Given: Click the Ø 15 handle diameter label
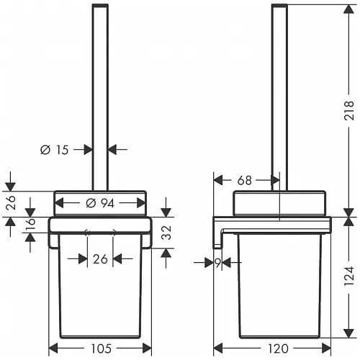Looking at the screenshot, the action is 55,150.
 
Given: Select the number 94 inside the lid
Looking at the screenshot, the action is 107,204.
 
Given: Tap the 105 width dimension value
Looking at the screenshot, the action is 101,348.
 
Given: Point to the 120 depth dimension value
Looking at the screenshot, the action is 278,348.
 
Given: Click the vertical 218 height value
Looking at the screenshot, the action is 348,110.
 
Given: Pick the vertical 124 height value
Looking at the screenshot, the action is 348,276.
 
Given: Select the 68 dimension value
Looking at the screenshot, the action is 244,180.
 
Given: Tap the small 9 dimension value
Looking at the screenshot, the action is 218,263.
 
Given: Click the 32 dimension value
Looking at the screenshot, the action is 166,233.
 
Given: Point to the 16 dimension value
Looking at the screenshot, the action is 31,225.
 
